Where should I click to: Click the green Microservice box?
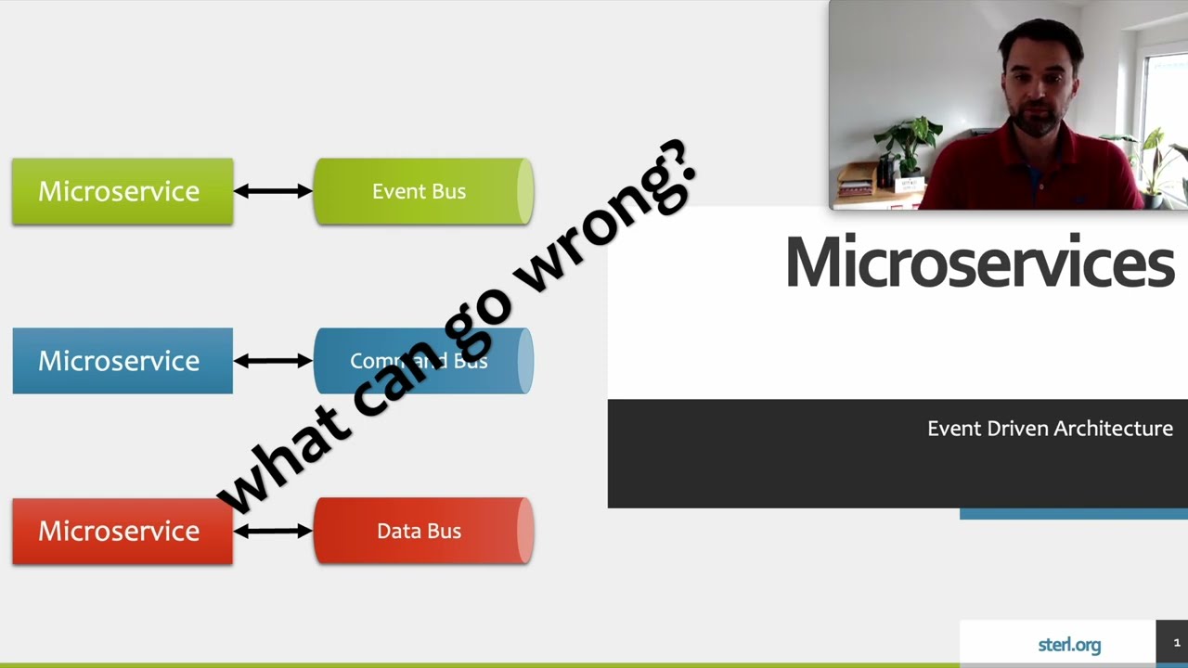pos(122,191)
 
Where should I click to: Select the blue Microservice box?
pos(122,361)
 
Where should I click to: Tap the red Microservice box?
pos(122,531)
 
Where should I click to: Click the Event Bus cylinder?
pos(422,191)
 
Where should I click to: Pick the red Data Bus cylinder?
pos(422,531)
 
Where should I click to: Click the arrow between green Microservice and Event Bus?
pos(273,191)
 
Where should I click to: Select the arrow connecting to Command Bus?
pos(273,361)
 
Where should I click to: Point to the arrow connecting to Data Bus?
pos(273,531)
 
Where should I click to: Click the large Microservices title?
pos(979,263)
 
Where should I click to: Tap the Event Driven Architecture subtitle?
pos(1050,429)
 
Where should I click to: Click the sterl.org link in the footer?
pos(1069,645)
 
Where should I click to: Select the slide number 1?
pos(1176,643)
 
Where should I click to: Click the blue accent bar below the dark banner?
pos(1073,514)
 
